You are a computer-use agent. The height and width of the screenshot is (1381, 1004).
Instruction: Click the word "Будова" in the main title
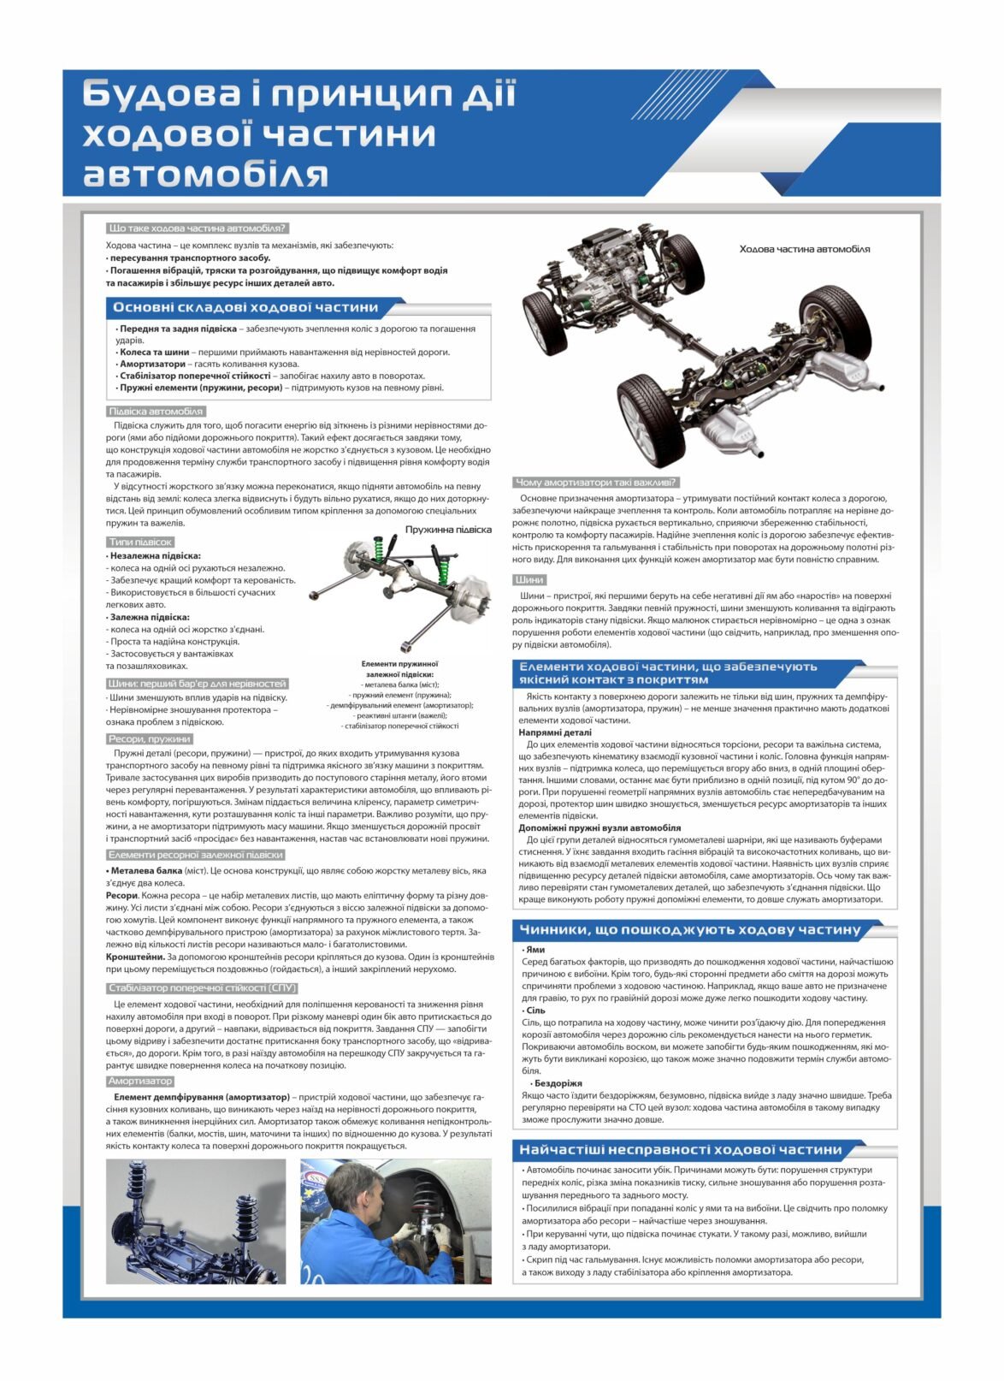[161, 94]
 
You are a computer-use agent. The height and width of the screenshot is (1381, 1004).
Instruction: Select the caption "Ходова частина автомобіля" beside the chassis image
[804, 249]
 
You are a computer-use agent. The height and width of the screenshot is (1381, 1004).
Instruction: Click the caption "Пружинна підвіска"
[448, 530]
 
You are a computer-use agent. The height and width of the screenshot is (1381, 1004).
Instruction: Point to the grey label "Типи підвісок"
[140, 542]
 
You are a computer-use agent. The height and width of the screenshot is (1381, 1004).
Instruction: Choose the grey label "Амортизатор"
[140, 1082]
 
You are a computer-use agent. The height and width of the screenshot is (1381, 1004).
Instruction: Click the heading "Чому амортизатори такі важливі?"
[596, 483]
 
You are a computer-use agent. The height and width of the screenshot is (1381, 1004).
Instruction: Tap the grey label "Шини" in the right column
[529, 580]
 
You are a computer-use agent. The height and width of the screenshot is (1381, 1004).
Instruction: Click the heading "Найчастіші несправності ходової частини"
[681, 1150]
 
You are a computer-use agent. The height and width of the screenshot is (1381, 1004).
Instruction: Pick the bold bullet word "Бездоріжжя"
[558, 1083]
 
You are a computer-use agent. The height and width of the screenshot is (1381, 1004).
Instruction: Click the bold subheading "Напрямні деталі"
[554, 732]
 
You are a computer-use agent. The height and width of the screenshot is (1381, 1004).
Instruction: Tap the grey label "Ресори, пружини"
[150, 739]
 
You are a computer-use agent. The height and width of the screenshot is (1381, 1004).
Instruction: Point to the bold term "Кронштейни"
[135, 957]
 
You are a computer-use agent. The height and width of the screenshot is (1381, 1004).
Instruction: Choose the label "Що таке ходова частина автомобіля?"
[198, 228]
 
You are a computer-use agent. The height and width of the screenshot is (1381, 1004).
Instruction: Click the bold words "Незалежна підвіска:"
[155, 555]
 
